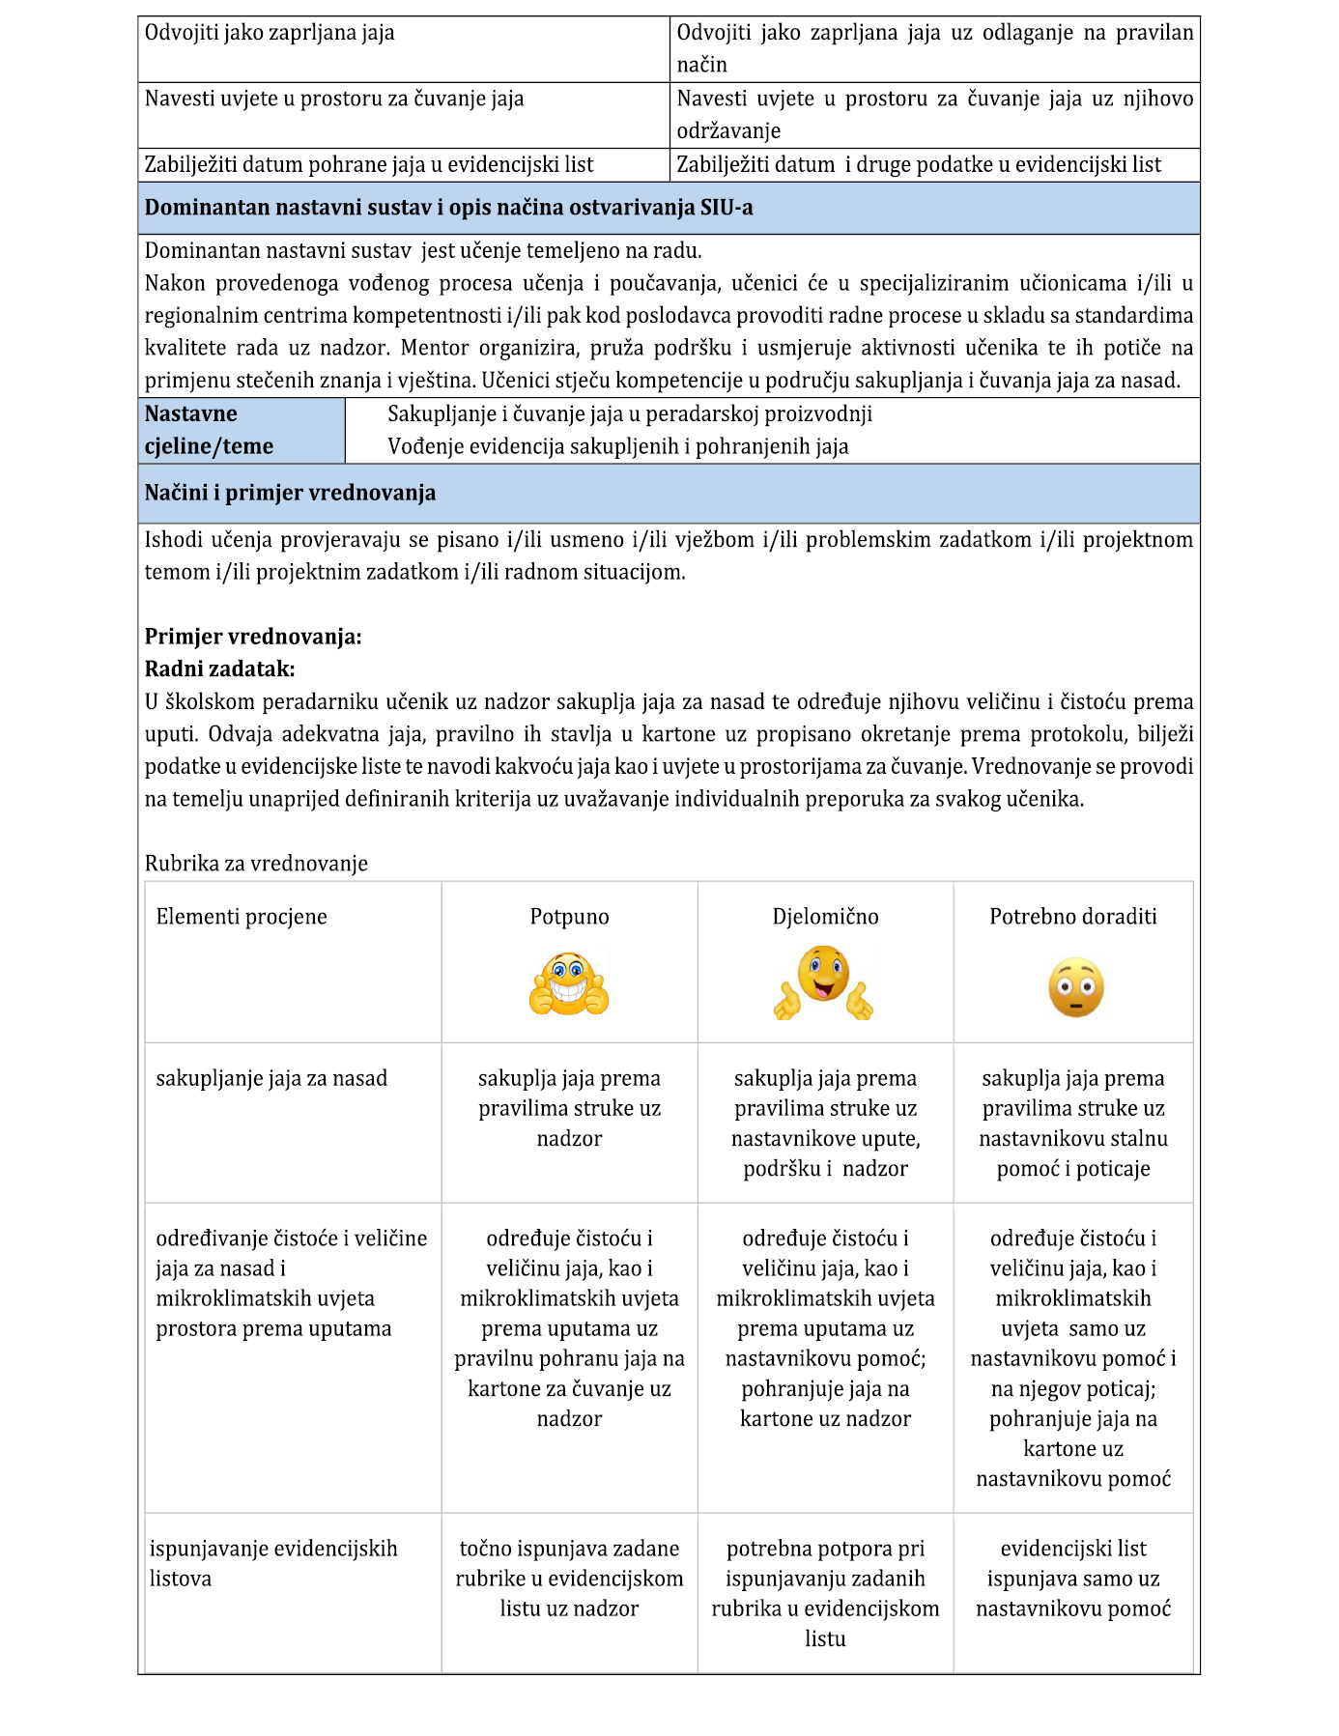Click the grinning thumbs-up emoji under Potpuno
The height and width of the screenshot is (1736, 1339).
(569, 983)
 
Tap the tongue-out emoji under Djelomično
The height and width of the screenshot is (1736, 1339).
(824, 982)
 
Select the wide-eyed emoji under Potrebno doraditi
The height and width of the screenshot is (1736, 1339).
(1075, 987)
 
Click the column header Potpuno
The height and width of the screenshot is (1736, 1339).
(569, 917)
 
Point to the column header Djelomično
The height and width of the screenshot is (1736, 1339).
(825, 917)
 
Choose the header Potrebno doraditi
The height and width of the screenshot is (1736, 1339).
(1072, 917)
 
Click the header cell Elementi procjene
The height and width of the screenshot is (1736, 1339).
(242, 917)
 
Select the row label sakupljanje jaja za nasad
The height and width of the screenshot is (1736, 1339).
(271, 1078)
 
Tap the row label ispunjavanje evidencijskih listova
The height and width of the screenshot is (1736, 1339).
(273, 1563)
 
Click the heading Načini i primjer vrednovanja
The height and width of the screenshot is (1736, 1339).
(290, 493)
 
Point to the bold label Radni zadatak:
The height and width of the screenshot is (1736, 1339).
(219, 669)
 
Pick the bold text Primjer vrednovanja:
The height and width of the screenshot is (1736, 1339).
(253, 637)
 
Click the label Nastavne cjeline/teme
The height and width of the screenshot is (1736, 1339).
(209, 430)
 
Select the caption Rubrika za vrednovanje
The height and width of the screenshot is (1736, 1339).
(256, 864)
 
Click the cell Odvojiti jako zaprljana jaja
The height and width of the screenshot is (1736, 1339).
(270, 33)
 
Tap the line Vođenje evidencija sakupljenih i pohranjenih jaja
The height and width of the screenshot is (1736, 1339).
(617, 446)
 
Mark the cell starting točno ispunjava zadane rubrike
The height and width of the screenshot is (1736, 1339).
(569, 1579)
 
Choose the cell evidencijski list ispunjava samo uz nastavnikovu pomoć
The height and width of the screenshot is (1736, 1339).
(1072, 1579)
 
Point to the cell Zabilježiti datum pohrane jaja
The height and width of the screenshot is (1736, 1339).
(369, 164)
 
